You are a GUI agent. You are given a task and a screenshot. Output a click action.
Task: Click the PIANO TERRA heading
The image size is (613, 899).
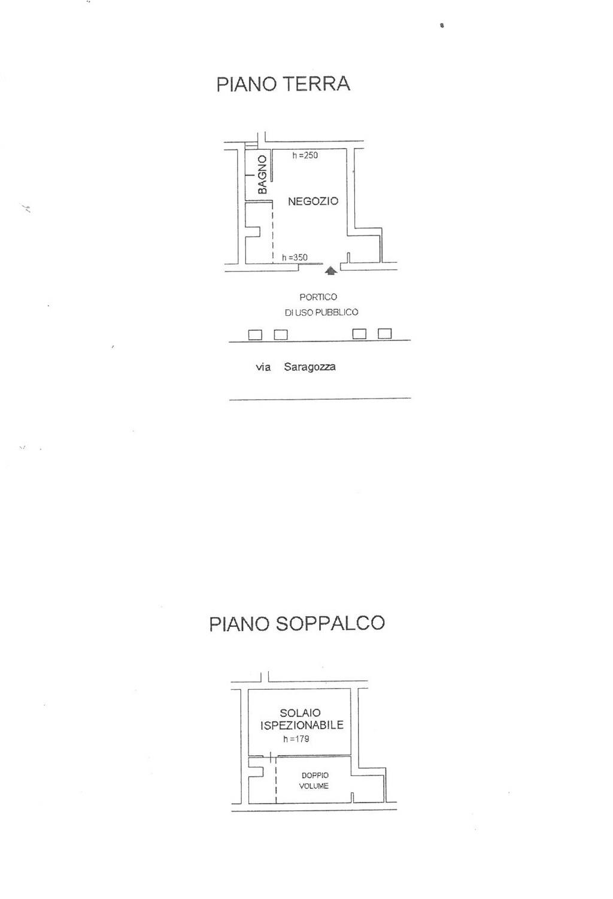[x=283, y=85]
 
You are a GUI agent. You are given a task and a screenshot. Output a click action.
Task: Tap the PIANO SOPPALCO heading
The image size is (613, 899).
[x=297, y=624]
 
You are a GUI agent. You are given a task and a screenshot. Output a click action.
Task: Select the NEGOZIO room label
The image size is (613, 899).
[x=313, y=201]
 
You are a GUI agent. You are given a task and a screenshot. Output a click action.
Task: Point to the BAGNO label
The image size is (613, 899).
[x=262, y=174]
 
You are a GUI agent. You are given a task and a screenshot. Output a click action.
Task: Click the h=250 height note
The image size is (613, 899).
[x=305, y=155]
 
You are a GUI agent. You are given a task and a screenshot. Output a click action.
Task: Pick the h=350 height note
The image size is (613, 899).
[x=295, y=257]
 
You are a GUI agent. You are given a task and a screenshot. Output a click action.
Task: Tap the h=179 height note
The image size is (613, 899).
[x=296, y=739]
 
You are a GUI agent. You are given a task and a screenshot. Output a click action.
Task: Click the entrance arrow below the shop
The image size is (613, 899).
[x=330, y=271]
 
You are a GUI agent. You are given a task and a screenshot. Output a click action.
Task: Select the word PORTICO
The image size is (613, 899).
[x=318, y=297]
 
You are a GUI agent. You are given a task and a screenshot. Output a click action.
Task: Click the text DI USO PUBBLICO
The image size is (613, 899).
[x=321, y=312]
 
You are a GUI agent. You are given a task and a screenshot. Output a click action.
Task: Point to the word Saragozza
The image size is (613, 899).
[x=310, y=367]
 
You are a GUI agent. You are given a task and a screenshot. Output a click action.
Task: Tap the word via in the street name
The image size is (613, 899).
[x=263, y=367]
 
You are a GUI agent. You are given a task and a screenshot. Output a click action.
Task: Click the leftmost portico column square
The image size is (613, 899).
[x=255, y=334]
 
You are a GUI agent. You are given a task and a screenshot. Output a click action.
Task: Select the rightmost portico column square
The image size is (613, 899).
[x=385, y=333]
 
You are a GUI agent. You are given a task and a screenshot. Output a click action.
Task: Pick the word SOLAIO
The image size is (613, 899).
[x=301, y=713]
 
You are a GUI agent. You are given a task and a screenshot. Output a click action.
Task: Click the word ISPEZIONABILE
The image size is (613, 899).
[x=302, y=725]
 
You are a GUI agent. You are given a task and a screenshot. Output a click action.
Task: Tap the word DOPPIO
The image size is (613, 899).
[x=315, y=776]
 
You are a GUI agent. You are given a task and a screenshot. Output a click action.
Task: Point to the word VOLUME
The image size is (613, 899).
[x=314, y=786]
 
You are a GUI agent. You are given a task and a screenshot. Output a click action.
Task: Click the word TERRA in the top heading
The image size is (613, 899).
[x=317, y=85]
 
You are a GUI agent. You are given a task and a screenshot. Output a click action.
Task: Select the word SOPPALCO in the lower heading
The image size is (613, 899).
[x=330, y=624]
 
